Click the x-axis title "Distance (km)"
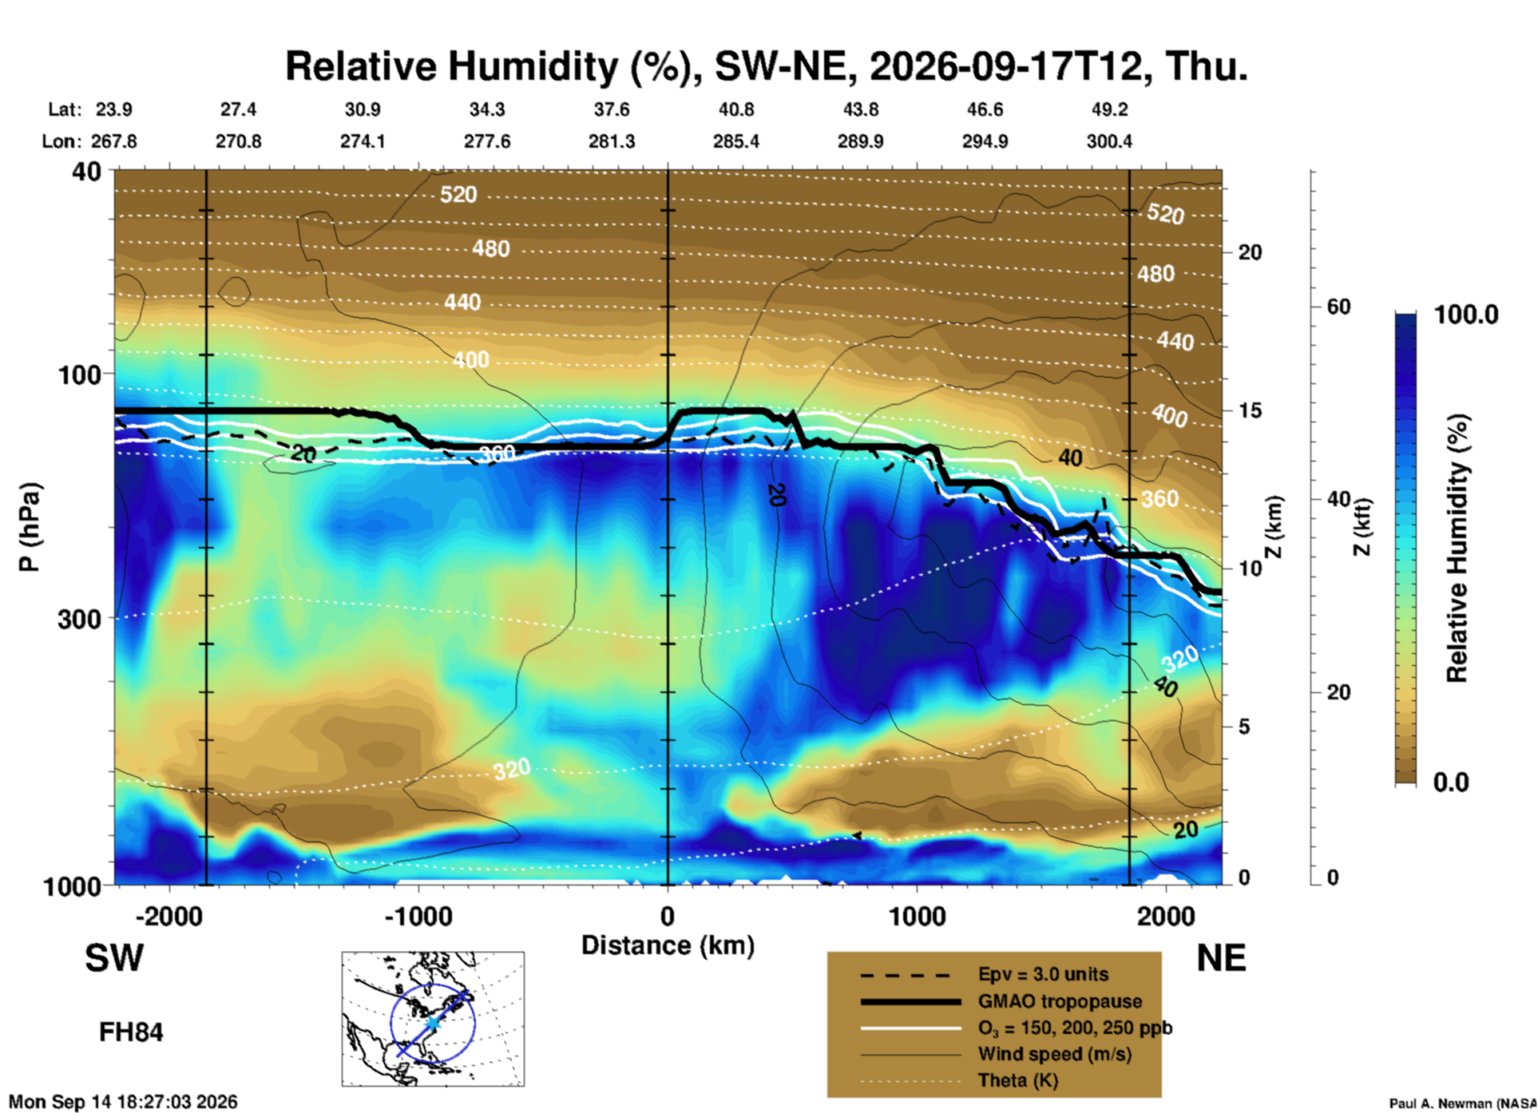(x=668, y=946)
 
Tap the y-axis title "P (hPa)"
(x=29, y=526)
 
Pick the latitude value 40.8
(x=735, y=109)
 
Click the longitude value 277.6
(x=487, y=141)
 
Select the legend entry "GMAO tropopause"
(x=1060, y=1001)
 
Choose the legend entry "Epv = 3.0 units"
(x=1043, y=975)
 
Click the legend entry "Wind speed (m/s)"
(x=1055, y=1055)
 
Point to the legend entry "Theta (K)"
(x=1018, y=1081)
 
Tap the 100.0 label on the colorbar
(x=1466, y=315)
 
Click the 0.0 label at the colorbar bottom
(x=1451, y=782)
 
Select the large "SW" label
(x=114, y=958)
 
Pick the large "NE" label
(x=1221, y=958)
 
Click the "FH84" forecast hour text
(x=131, y=1032)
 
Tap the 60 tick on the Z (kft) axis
(x=1338, y=307)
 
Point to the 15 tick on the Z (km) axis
(x=1250, y=410)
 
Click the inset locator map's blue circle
(x=390, y=1024)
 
